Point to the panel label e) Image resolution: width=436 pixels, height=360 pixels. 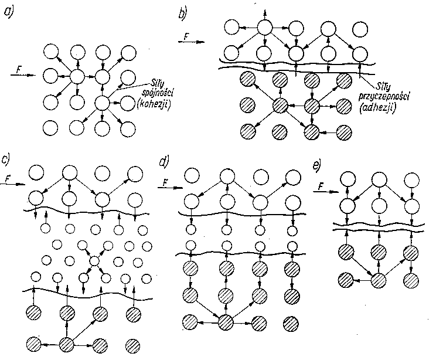(318, 165)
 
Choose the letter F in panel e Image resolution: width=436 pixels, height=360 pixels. (321, 187)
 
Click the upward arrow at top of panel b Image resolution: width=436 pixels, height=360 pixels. (264, 12)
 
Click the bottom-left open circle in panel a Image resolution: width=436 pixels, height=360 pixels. (50, 126)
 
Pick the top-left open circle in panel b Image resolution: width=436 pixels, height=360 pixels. (232, 27)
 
